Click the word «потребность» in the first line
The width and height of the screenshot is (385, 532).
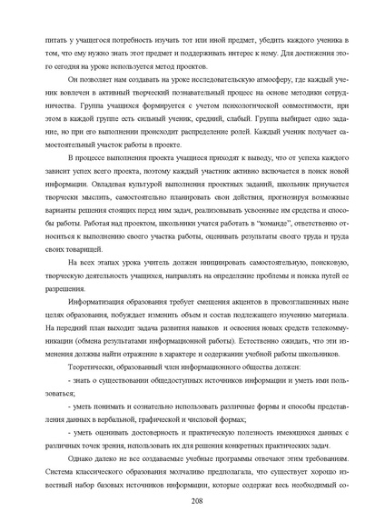tap(110, 43)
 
